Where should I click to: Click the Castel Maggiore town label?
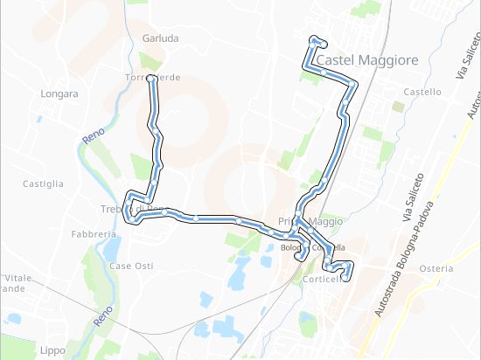click(x=368, y=60)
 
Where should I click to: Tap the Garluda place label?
click(x=160, y=38)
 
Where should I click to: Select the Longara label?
click(x=59, y=93)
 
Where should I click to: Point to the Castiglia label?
click(x=43, y=183)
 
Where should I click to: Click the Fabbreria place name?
click(x=94, y=234)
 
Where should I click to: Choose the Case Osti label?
click(x=132, y=266)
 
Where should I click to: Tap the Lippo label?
click(x=52, y=350)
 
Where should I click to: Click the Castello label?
click(x=422, y=92)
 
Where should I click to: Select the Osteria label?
click(x=436, y=268)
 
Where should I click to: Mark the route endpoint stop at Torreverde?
click(x=151, y=79)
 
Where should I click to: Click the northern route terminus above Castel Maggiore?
click(x=314, y=40)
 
